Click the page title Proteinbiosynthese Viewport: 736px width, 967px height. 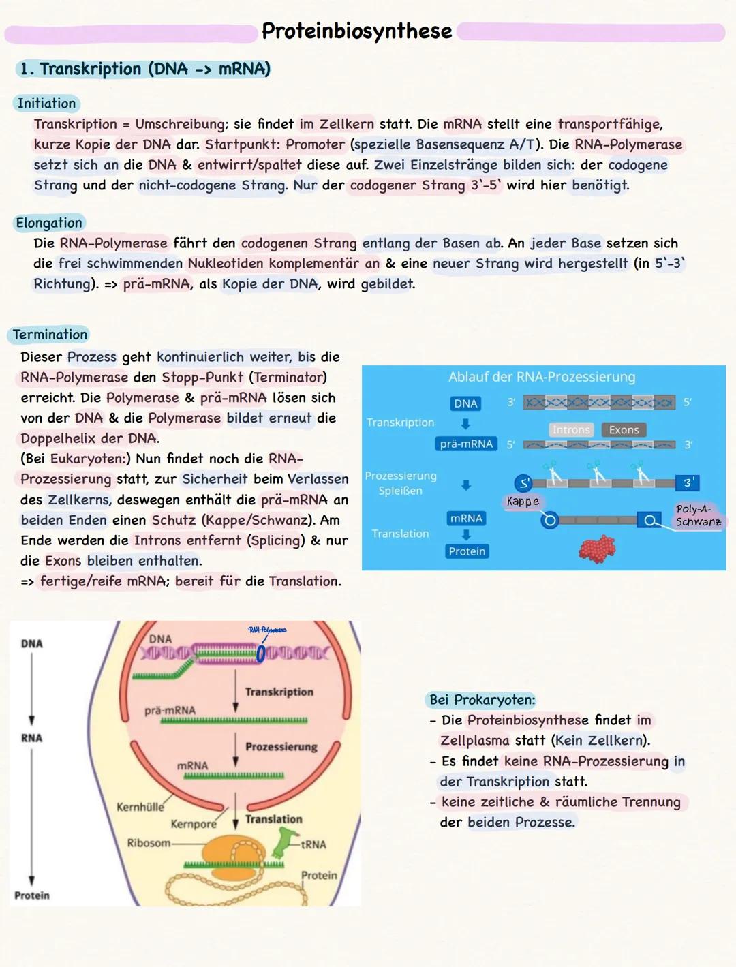click(x=356, y=31)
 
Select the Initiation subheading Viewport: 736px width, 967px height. click(x=46, y=104)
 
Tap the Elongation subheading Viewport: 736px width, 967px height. click(x=49, y=223)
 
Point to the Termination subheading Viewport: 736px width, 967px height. click(x=50, y=335)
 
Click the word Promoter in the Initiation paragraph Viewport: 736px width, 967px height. click(x=315, y=144)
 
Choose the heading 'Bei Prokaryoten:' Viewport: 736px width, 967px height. click(x=482, y=700)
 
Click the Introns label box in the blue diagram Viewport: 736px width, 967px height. click(x=570, y=430)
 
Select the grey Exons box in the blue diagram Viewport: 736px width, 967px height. click(x=624, y=430)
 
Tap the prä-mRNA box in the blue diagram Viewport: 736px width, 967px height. click(x=466, y=444)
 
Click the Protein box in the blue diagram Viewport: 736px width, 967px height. click(x=467, y=551)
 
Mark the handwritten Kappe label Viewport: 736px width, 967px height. click(x=523, y=502)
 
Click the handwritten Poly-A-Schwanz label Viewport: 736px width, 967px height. click(x=698, y=515)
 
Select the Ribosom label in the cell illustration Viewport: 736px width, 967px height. click(x=149, y=843)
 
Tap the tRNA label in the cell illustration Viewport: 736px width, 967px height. click(x=313, y=844)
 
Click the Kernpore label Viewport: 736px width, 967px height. click(x=194, y=824)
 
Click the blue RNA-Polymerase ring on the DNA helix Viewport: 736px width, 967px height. click(x=260, y=654)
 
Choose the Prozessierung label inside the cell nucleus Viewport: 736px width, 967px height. click(x=281, y=747)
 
